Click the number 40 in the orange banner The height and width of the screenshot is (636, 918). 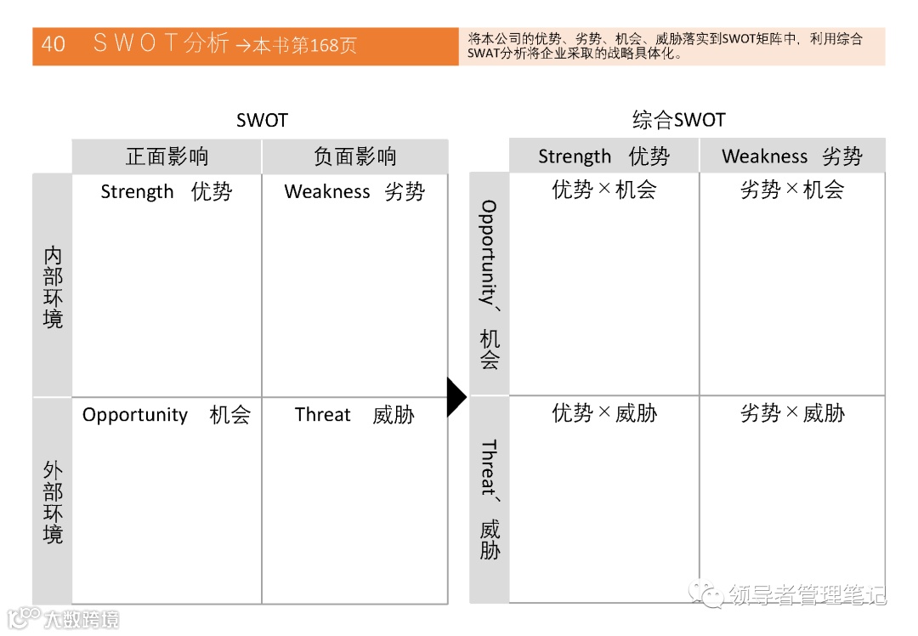click(53, 44)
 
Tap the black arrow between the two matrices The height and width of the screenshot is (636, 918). click(456, 396)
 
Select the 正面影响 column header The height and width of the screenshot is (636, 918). click(167, 156)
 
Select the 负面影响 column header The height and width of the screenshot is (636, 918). click(354, 156)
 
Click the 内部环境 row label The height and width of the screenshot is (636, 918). click(53, 287)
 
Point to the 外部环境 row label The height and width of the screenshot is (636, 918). click(53, 502)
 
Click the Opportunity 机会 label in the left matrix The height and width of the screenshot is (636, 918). click(167, 415)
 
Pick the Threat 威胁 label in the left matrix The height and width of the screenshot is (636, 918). click(354, 415)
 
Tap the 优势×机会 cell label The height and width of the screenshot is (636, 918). click(603, 190)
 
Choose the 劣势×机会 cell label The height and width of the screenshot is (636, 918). click(791, 190)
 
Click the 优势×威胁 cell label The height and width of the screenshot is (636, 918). click(603, 413)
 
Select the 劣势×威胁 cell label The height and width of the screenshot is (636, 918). click(791, 413)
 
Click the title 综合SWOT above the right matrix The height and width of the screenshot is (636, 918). click(678, 120)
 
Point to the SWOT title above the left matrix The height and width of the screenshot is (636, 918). click(262, 121)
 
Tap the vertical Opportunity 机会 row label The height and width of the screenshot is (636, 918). click(489, 284)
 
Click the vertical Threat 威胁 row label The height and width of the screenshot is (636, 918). click(489, 499)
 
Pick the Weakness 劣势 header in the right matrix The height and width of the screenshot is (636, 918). click(791, 156)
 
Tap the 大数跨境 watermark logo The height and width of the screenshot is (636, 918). click(63, 618)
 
